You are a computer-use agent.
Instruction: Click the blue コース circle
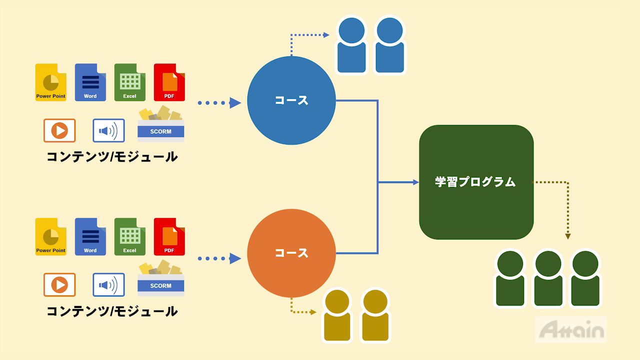(x=291, y=100)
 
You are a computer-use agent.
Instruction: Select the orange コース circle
(x=291, y=253)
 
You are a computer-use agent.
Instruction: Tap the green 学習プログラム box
(x=476, y=182)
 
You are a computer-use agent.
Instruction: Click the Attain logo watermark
(x=571, y=329)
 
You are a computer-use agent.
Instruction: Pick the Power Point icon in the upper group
(x=50, y=82)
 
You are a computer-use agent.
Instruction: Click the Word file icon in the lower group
(x=90, y=237)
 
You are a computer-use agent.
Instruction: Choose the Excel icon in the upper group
(x=129, y=82)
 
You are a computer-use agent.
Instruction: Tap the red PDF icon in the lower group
(x=169, y=237)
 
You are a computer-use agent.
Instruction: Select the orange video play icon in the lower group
(x=59, y=285)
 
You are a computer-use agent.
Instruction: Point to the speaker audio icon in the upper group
(x=108, y=131)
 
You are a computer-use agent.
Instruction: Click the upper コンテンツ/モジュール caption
(x=112, y=157)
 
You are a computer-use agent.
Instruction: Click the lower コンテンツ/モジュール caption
(x=112, y=311)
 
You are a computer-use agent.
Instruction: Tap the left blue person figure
(x=352, y=46)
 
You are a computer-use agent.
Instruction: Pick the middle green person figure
(x=548, y=278)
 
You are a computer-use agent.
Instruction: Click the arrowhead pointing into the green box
(x=415, y=182)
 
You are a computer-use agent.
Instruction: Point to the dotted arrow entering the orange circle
(x=234, y=258)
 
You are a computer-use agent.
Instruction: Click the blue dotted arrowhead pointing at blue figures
(x=326, y=35)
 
